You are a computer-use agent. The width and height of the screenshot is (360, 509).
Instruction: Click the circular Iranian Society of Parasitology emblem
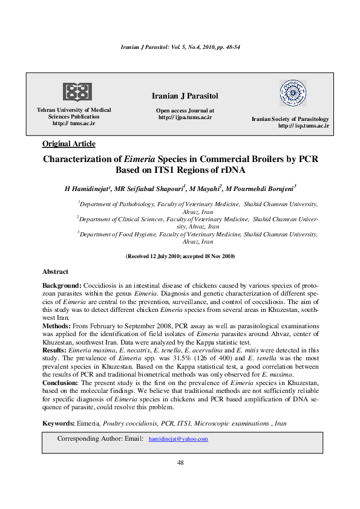(292, 94)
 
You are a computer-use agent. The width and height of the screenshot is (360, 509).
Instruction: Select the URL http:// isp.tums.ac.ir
(303, 126)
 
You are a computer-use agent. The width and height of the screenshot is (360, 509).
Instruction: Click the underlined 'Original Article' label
(68, 143)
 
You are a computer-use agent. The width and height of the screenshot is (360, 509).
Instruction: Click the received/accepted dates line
(180, 256)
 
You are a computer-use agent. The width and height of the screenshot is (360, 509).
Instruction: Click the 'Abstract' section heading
(55, 272)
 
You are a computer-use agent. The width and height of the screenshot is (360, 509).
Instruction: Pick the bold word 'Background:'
(61, 285)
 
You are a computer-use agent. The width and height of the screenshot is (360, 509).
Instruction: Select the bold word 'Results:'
(55, 350)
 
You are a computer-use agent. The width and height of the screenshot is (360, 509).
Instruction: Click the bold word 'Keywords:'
(59, 424)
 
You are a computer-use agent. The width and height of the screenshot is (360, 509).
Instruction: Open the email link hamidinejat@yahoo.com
(178, 439)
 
